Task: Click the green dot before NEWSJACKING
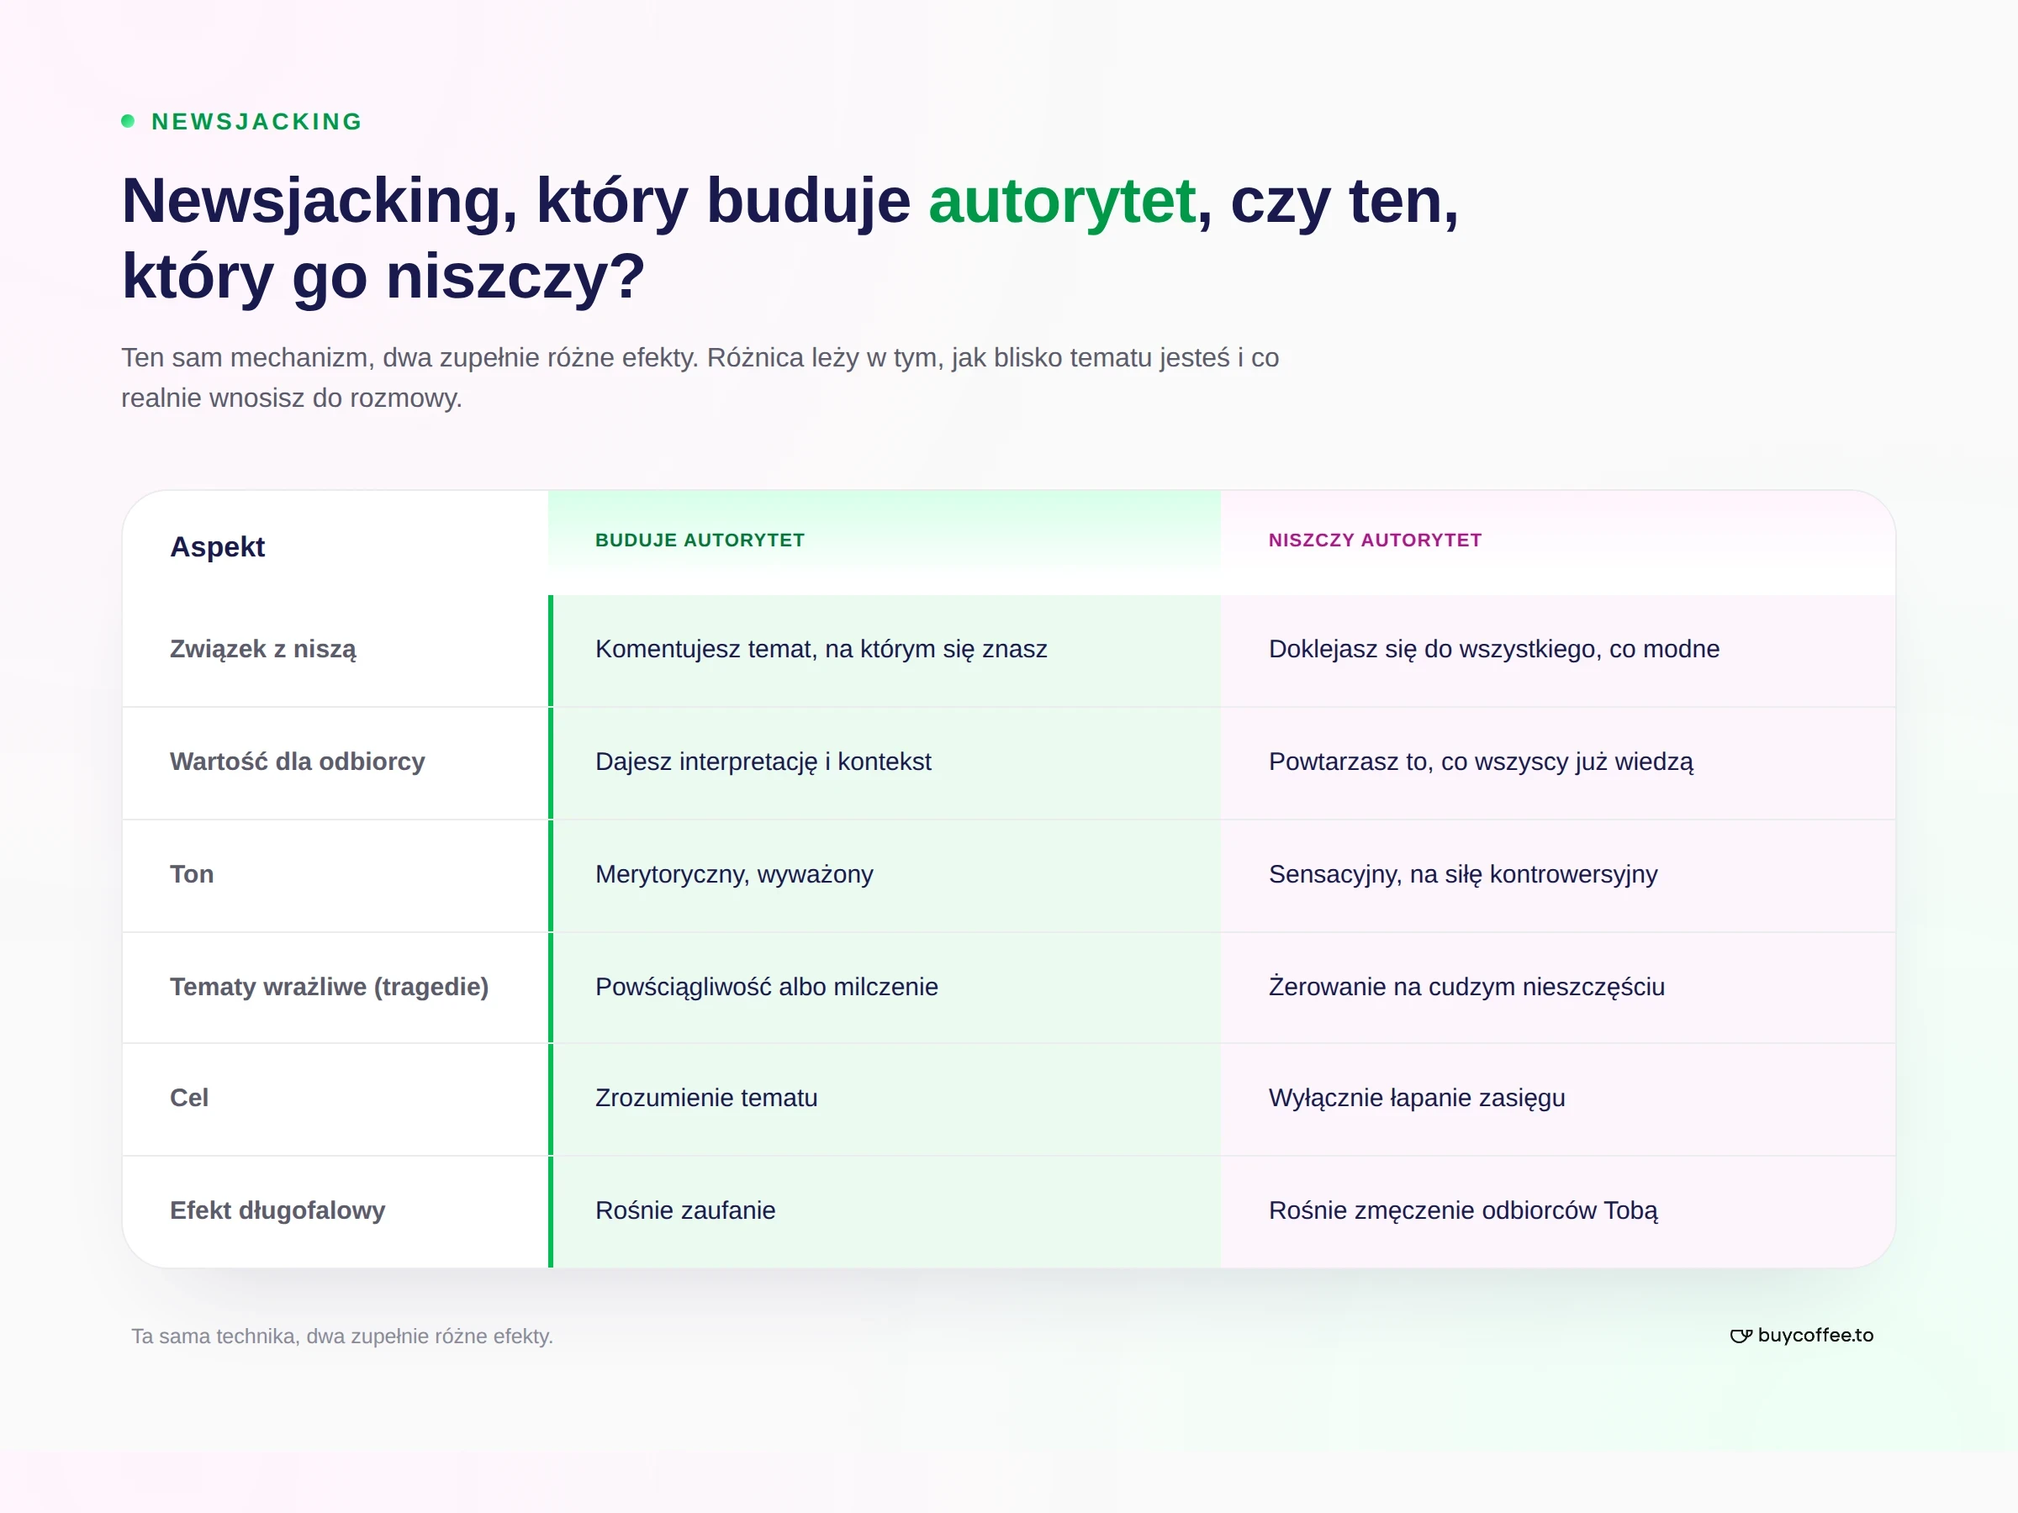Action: pyautogui.click(x=128, y=121)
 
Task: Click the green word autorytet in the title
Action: pyautogui.click(x=1062, y=202)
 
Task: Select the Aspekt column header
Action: pyautogui.click(x=217, y=547)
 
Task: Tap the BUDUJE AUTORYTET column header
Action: pyautogui.click(x=700, y=540)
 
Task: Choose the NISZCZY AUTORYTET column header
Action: pyautogui.click(x=1375, y=540)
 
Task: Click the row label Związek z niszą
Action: pyautogui.click(x=262, y=650)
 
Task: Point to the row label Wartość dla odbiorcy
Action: pyautogui.click(x=298, y=762)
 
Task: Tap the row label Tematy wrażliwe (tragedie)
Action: pyautogui.click(x=330, y=987)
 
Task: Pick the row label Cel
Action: pyautogui.click(x=189, y=1098)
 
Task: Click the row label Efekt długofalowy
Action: pyautogui.click(x=277, y=1210)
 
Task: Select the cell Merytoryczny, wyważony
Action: pyautogui.click(x=734, y=875)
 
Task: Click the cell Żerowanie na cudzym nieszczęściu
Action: pyautogui.click(x=1467, y=987)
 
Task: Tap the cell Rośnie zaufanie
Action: pyautogui.click(x=685, y=1210)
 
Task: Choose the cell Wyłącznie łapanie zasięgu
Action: pyautogui.click(x=1417, y=1098)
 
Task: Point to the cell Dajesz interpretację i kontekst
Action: pyautogui.click(x=763, y=762)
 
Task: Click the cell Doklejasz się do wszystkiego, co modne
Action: pyautogui.click(x=1494, y=650)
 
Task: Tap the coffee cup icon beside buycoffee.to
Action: pyautogui.click(x=1741, y=1336)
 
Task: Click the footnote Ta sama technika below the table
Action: pyautogui.click(x=342, y=1336)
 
